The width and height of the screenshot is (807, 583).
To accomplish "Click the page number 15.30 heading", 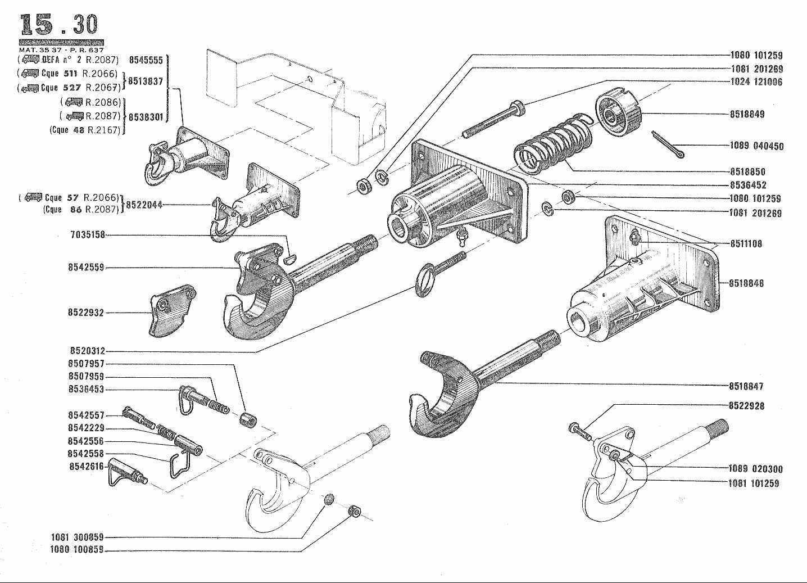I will (x=59, y=25).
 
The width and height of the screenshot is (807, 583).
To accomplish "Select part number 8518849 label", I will (x=747, y=114).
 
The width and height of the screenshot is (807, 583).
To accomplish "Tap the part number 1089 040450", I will (x=756, y=146).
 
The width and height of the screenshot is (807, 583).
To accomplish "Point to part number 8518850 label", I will (x=747, y=172).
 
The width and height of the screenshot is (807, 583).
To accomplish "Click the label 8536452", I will (x=747, y=185).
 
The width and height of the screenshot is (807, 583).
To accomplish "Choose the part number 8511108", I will (x=746, y=244).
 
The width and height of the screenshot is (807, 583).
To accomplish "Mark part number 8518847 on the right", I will (x=746, y=386).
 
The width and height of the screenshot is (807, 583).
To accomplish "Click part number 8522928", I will (x=746, y=405).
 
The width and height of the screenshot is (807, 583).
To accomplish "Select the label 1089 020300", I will (x=755, y=469).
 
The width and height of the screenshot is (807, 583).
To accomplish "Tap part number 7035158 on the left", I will (x=88, y=235).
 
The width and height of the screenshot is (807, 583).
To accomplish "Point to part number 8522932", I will (x=86, y=313).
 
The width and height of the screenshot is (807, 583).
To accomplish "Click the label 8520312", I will (x=87, y=351).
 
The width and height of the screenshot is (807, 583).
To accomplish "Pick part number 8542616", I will (x=86, y=466).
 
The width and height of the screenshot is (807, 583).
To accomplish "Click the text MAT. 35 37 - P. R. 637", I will (x=61, y=50).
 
